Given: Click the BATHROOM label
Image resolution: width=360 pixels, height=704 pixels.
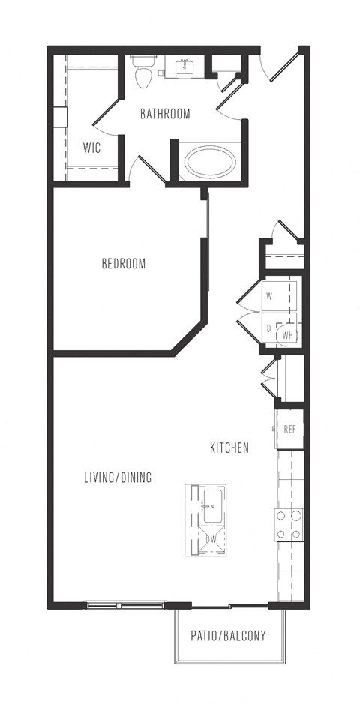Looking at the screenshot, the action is (x=165, y=114).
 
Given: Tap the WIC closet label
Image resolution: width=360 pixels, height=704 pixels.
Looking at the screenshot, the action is (x=91, y=148).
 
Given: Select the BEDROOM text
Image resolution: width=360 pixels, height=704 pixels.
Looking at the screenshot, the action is (x=124, y=264).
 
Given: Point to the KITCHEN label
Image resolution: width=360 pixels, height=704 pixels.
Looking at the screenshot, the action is (x=229, y=448).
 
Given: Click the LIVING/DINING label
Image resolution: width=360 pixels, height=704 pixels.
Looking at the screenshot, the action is (x=118, y=478).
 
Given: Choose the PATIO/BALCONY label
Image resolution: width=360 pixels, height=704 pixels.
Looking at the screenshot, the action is (x=229, y=635).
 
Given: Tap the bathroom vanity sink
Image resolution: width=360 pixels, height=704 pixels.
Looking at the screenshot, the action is (x=184, y=67).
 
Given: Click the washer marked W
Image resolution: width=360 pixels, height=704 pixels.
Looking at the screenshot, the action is (x=278, y=295).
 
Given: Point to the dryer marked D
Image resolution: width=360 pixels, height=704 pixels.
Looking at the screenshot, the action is (x=269, y=328).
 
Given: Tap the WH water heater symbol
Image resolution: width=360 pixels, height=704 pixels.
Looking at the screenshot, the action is (x=287, y=334).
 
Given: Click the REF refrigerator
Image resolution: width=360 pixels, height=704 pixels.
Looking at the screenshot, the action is (x=290, y=429).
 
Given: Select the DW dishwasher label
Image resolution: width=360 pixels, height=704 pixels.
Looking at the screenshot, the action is (x=211, y=538).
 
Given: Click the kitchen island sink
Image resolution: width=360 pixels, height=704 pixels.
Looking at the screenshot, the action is (x=213, y=507).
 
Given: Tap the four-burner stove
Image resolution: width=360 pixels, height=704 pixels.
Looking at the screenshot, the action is (x=289, y=524).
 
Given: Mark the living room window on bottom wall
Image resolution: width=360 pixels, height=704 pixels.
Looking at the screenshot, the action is (x=126, y=605).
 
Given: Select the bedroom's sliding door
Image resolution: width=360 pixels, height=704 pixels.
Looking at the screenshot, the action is (x=208, y=242).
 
